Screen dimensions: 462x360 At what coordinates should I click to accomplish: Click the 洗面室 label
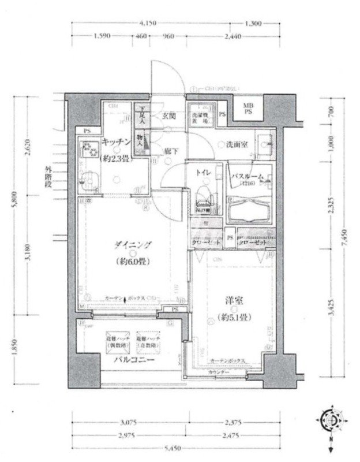click(237, 144)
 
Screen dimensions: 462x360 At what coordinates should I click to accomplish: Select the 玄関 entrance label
click(168, 114)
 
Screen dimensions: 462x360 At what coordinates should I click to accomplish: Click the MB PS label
click(247, 109)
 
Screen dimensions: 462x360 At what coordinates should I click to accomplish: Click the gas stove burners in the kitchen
click(89, 151)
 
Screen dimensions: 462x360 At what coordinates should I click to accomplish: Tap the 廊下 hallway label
click(171, 150)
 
